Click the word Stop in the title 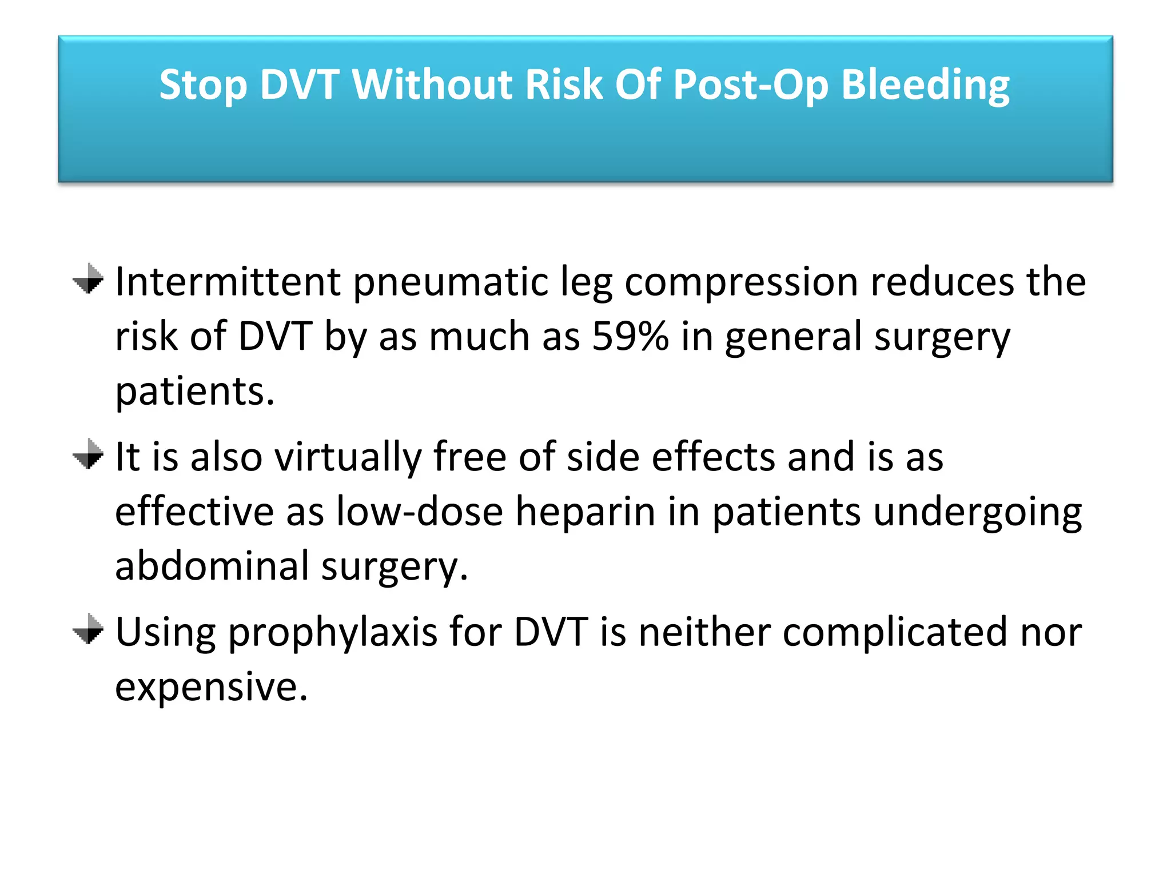click(203, 85)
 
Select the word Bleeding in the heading click(925, 85)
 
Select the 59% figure click(630, 336)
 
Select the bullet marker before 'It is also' click(88, 454)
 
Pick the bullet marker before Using click(88, 629)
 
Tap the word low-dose click(420, 512)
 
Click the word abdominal click(212, 566)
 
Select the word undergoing click(977, 512)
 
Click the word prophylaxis click(333, 633)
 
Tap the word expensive click(211, 687)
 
